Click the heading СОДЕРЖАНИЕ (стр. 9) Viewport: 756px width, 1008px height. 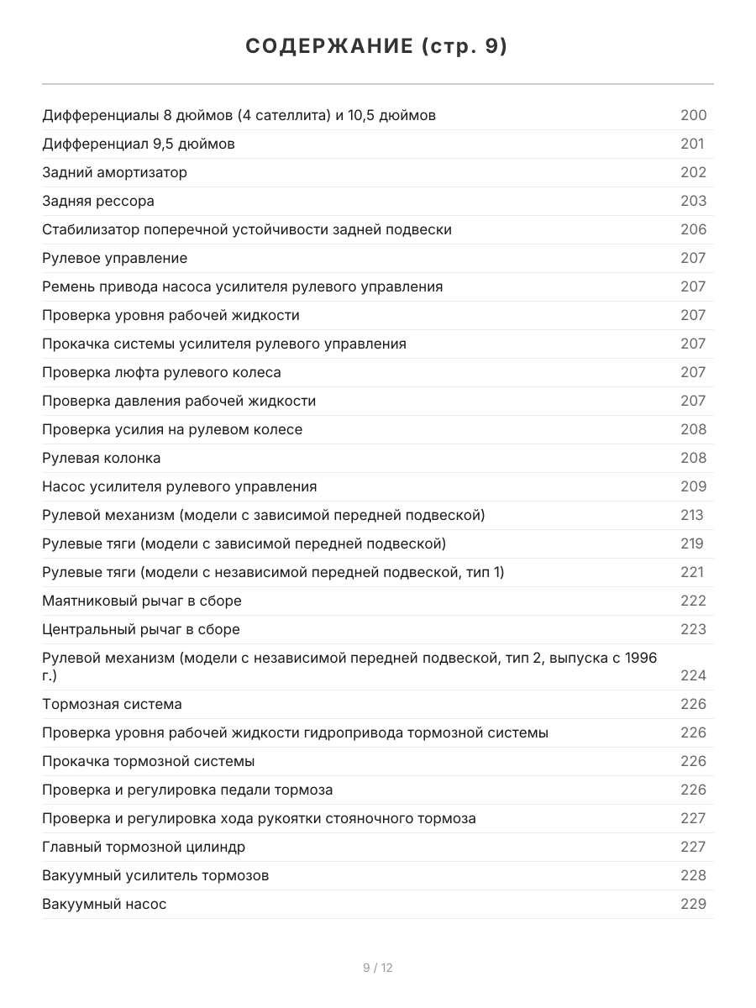pyautogui.click(x=377, y=47)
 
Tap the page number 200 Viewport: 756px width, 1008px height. pyautogui.click(x=693, y=115)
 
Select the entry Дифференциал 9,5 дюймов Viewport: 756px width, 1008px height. pyautogui.click(x=139, y=144)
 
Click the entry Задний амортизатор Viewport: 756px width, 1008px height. pyautogui.click(x=115, y=172)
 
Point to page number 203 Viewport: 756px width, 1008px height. pyautogui.click(x=693, y=201)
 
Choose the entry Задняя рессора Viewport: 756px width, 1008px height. pyautogui.click(x=98, y=201)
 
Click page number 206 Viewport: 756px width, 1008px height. pyautogui.click(x=693, y=229)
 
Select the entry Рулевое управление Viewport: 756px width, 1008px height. pyautogui.click(x=115, y=258)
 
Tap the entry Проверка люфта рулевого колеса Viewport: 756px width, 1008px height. pyautogui.click(x=161, y=372)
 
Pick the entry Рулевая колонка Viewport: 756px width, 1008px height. pyautogui.click(x=102, y=458)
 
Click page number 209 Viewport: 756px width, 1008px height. pyautogui.click(x=693, y=486)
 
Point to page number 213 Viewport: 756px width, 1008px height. pyautogui.click(x=691, y=515)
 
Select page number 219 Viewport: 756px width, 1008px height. pyautogui.click(x=691, y=543)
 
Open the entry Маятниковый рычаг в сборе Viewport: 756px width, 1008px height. pyautogui.click(x=142, y=601)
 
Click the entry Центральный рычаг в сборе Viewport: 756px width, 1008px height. pyautogui.click(x=141, y=629)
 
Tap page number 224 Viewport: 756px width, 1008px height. pyautogui.click(x=693, y=675)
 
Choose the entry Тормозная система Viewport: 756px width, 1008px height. pyautogui.click(x=112, y=704)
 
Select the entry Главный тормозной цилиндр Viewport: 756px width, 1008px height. pyautogui.click(x=144, y=847)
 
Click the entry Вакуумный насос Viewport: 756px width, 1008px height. pyautogui.click(x=104, y=904)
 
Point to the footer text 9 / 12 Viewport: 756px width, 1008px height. pyautogui.click(x=378, y=968)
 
